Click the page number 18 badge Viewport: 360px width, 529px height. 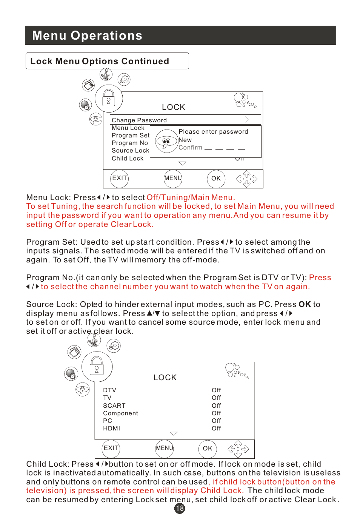point(180,508)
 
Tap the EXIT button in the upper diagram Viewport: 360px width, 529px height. point(120,178)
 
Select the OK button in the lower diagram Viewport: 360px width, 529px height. point(208,449)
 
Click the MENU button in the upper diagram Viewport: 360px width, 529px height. point(173,178)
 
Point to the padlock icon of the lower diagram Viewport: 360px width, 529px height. point(97,366)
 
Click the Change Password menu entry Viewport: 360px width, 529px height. point(139,120)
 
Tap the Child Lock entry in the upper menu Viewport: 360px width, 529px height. point(128,159)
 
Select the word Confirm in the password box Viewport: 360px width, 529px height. point(190,148)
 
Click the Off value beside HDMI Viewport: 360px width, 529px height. point(216,429)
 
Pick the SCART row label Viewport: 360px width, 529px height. point(114,406)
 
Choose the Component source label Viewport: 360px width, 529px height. point(121,413)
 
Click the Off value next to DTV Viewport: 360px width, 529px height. point(216,390)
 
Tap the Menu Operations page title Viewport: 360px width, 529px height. point(87,35)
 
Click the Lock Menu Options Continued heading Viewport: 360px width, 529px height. point(100,61)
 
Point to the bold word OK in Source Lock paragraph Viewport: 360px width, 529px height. point(305,304)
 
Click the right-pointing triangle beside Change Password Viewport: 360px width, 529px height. point(247,120)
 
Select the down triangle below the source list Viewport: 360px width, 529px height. point(174,434)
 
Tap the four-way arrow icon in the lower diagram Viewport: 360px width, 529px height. point(238,449)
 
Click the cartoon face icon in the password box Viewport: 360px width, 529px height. point(166,141)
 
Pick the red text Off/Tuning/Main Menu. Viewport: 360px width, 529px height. point(191,197)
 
